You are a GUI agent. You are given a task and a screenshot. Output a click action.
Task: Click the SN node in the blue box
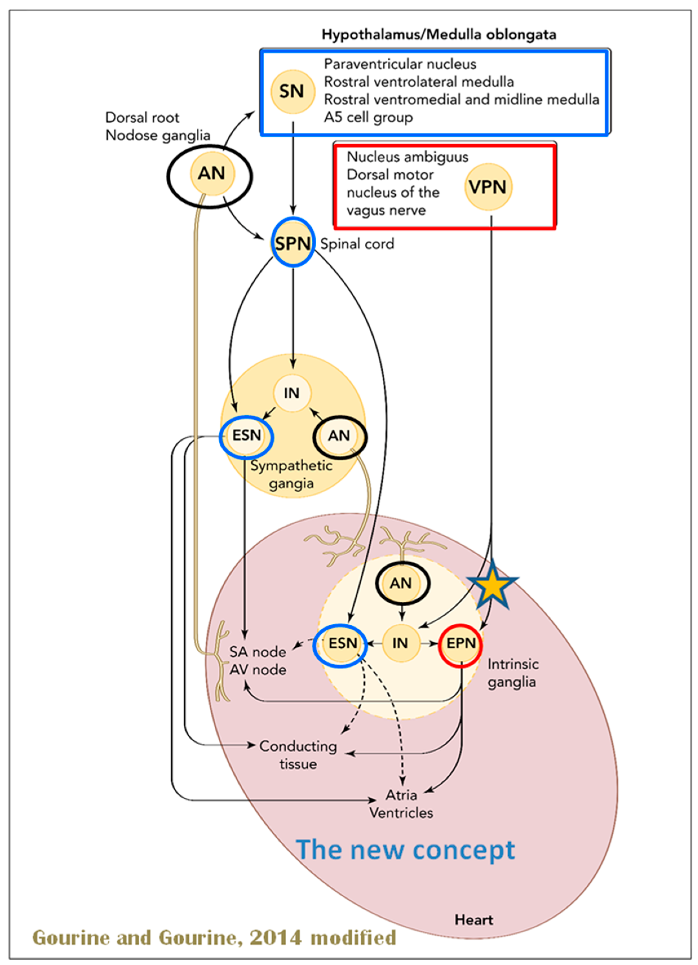(293, 92)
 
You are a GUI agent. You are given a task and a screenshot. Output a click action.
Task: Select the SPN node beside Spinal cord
(293, 243)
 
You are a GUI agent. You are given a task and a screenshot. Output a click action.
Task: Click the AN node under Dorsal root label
(212, 174)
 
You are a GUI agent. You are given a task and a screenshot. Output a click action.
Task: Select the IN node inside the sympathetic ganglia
(292, 393)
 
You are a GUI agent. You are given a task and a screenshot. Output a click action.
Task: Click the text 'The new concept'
(405, 850)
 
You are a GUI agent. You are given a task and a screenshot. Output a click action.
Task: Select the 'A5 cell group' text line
(368, 117)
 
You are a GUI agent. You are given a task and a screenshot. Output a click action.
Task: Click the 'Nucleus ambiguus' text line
(407, 157)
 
